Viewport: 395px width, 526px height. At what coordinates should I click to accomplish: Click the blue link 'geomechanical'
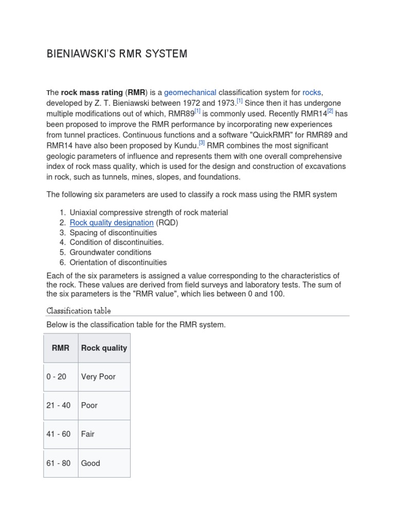190,92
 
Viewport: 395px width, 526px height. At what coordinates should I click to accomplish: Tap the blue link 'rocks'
312,92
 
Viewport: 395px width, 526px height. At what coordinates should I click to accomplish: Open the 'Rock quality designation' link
112,222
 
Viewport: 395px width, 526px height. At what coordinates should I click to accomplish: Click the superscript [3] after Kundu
202,143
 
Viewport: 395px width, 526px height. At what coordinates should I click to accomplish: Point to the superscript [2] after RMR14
330,111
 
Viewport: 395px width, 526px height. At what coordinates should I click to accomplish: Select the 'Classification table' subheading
79,311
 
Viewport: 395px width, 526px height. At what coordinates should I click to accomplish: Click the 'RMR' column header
61,348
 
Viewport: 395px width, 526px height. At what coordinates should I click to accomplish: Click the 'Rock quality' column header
104,348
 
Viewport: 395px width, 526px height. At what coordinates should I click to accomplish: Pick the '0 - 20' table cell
57,377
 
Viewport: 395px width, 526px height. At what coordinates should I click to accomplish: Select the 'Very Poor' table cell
98,377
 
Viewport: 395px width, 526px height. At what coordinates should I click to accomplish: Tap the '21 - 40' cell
59,405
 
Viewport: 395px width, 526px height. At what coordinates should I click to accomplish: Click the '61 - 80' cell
59,463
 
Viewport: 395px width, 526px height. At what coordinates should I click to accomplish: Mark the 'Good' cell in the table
91,463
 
